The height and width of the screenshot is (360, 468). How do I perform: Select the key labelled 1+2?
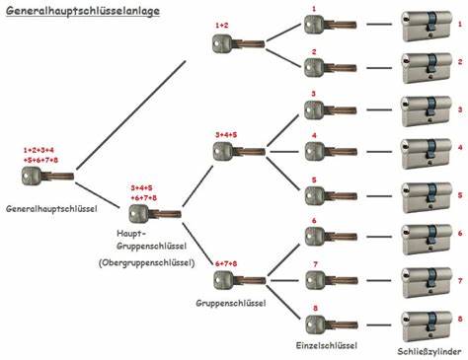(x=235, y=42)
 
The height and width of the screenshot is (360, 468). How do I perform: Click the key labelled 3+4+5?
(x=235, y=150)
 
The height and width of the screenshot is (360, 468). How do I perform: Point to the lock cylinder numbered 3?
(x=425, y=108)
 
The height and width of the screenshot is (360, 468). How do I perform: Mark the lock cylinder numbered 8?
(x=425, y=320)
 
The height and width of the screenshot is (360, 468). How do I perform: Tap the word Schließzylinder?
(x=430, y=350)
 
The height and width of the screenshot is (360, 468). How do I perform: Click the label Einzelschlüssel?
(x=327, y=345)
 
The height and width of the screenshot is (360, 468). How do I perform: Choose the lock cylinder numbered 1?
(x=425, y=24)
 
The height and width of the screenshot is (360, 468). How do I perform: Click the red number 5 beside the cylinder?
(x=459, y=190)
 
